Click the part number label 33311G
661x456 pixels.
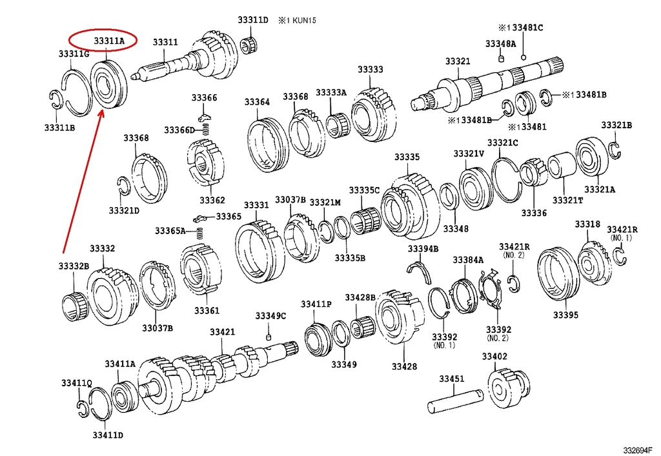pos(73,54)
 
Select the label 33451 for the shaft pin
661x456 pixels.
pos(452,379)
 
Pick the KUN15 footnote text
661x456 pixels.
pos(298,20)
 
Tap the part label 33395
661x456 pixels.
pos(565,315)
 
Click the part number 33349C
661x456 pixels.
pos(270,315)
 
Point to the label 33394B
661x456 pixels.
pos(423,249)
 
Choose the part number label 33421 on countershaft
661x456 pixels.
pos(222,332)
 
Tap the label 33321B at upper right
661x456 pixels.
pos(616,125)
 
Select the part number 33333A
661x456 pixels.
pos(331,93)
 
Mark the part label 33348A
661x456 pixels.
pos(500,44)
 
